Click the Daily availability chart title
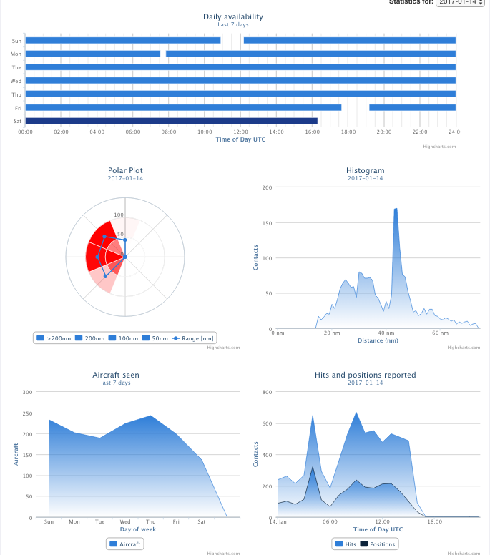(232, 16)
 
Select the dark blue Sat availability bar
(171, 121)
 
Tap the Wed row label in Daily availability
(16, 81)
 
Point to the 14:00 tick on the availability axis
(276, 132)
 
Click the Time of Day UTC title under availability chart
(240, 139)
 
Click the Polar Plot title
(125, 170)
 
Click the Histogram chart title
(365, 170)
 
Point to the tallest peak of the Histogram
(396, 210)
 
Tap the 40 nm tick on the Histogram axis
(386, 333)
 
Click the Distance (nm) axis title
(378, 340)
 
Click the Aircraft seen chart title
(116, 375)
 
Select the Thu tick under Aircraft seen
(150, 521)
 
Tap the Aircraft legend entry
(124, 544)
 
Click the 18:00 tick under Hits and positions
(435, 521)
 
